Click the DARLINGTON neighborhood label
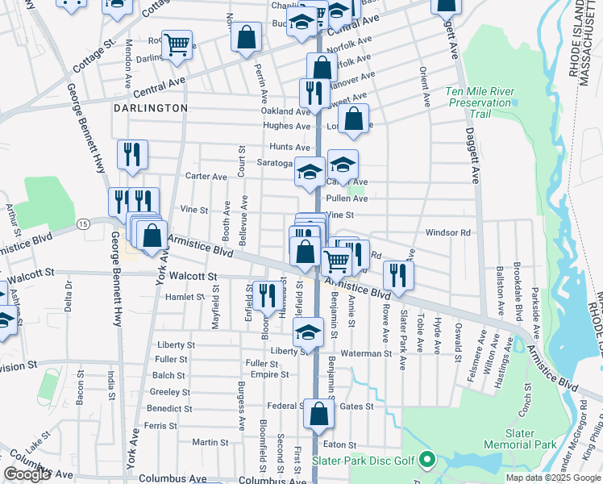coord(150,107)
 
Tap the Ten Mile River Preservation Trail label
coord(480,102)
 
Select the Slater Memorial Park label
coord(520,439)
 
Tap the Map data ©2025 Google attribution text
coord(552,478)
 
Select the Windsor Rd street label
coord(447,232)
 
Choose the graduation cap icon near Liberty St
coord(307,332)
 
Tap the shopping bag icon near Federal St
coord(318,414)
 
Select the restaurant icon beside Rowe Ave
coord(398,274)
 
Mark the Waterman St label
coord(364,353)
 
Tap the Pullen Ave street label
coord(347,198)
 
